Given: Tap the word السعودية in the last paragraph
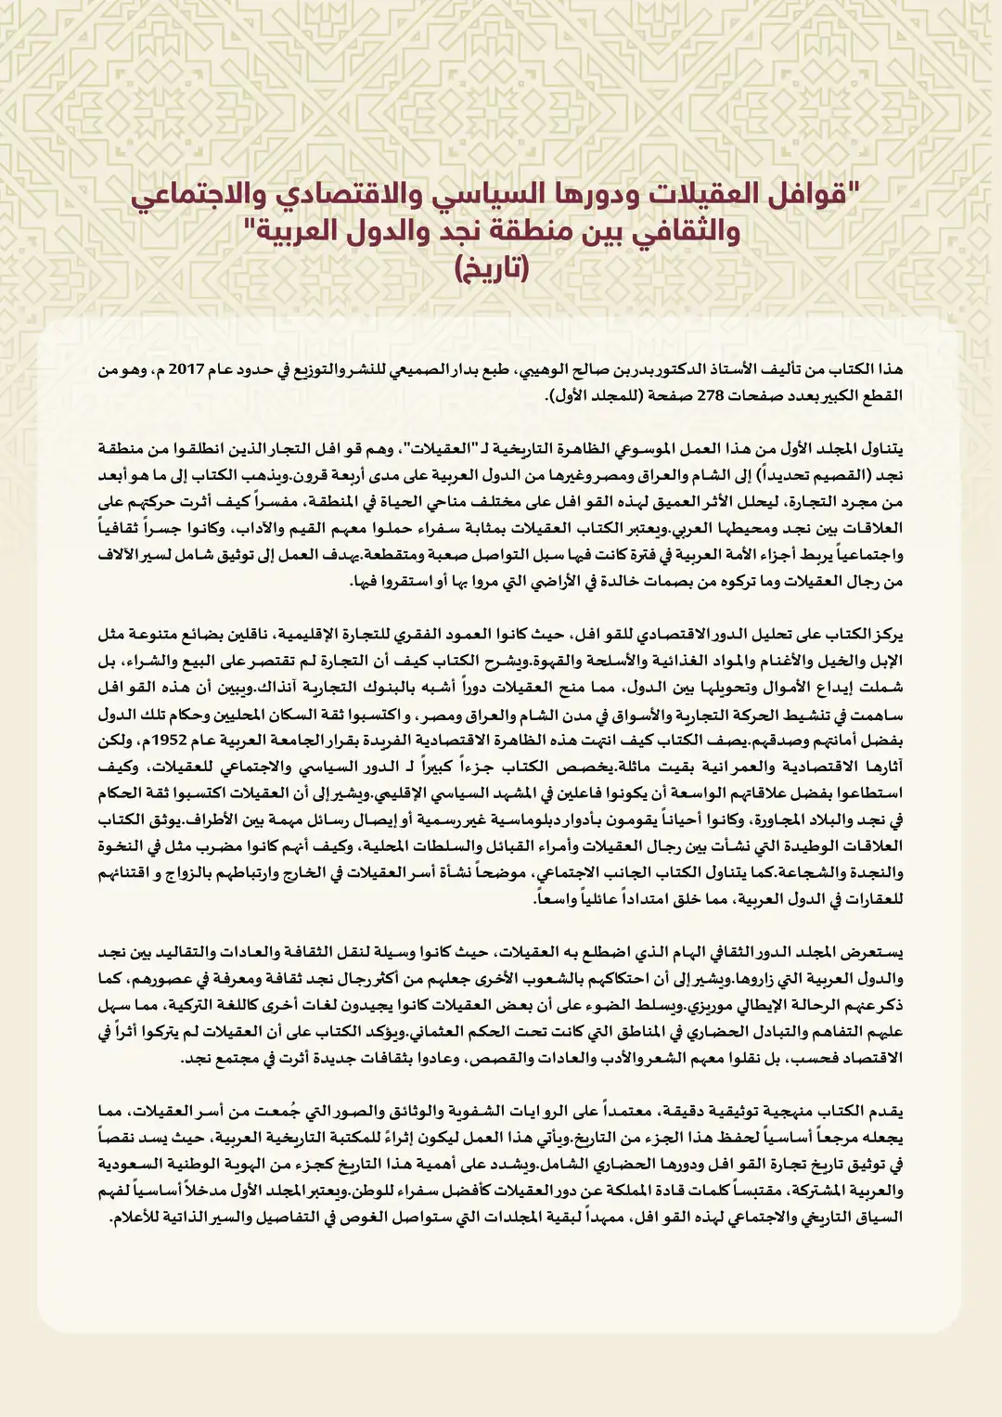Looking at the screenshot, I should coord(135,1165).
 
